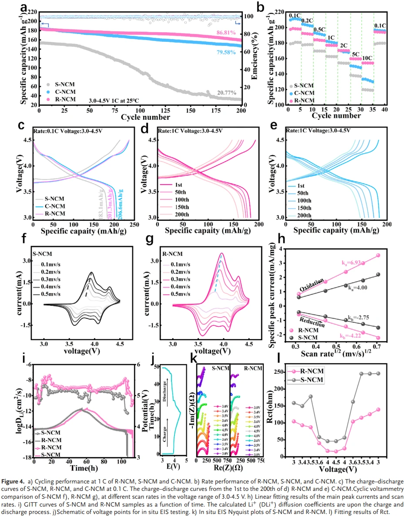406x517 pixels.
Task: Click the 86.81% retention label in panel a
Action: [226, 33]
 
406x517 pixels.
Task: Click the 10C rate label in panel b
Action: [367, 58]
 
